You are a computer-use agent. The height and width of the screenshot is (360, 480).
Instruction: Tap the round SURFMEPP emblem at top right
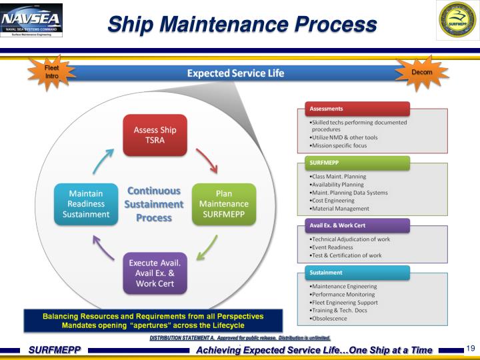[457, 21]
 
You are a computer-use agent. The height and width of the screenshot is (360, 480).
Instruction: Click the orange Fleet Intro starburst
[51, 73]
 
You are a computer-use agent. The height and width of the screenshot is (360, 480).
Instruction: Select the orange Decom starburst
[421, 73]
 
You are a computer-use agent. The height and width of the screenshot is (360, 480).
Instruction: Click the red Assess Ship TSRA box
[155, 135]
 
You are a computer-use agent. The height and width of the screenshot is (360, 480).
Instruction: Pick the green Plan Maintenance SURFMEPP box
[225, 204]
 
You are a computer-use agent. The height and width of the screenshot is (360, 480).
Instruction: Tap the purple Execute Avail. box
[155, 273]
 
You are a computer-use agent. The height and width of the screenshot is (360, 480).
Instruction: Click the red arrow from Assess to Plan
[205, 161]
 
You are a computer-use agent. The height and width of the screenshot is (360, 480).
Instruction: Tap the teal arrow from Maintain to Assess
[103, 161]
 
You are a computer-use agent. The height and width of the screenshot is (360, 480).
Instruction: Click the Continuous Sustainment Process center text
[154, 204]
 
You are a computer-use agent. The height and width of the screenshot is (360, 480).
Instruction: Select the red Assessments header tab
[353, 109]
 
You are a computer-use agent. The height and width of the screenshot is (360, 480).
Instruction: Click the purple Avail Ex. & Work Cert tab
[353, 225]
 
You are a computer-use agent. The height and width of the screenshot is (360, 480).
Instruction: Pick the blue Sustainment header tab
[353, 272]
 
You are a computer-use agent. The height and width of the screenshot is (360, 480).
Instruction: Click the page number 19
[470, 349]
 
